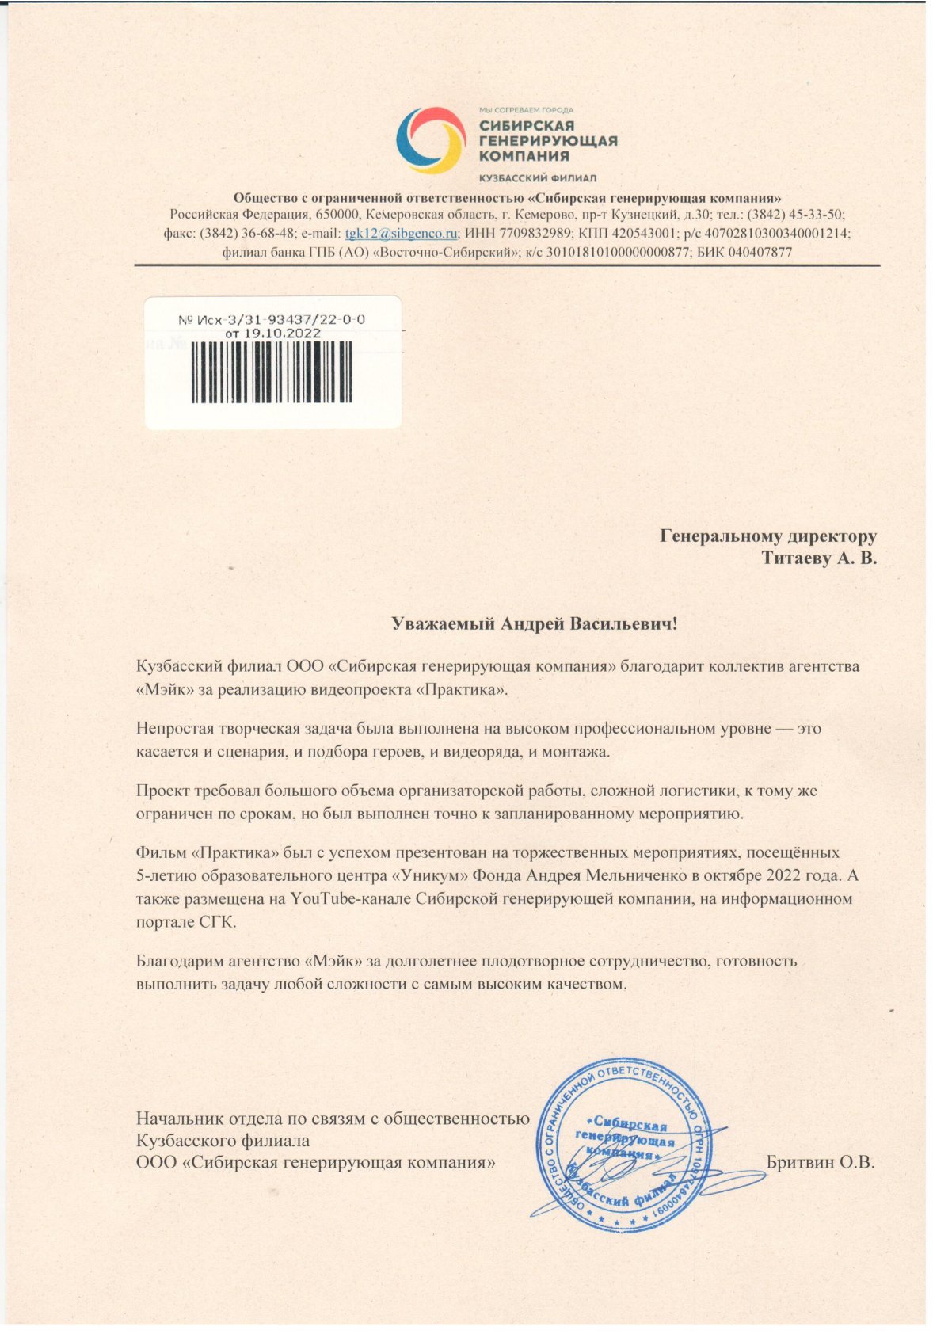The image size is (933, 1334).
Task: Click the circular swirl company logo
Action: [430, 140]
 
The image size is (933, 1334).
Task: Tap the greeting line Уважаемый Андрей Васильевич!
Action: [535, 623]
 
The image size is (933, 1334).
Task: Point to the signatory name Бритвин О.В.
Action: [821, 1163]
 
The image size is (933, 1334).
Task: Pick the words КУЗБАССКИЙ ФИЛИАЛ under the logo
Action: [538, 178]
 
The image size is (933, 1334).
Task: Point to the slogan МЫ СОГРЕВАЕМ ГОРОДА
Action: [526, 110]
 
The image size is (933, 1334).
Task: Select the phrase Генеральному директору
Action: [768, 536]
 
